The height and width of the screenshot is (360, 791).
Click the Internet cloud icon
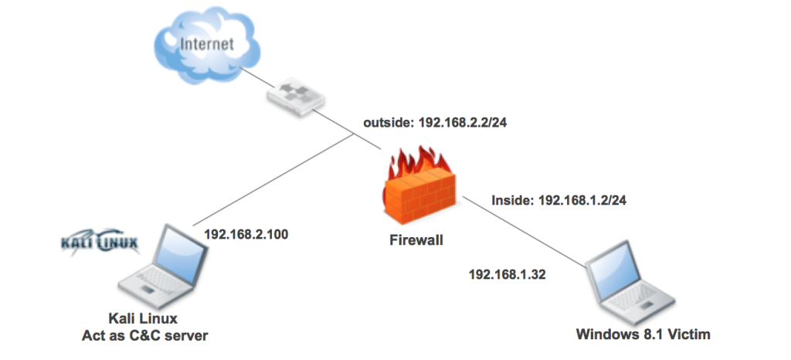pos(205,46)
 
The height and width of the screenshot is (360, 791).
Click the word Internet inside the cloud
pos(206,43)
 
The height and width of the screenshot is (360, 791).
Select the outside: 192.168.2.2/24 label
pos(429,122)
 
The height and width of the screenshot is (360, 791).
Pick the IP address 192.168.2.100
pos(246,234)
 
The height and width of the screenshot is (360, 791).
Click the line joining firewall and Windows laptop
pos(525,232)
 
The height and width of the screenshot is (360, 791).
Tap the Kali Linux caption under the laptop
pos(144,318)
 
